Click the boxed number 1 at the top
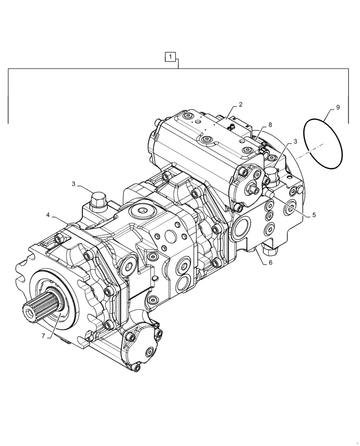[x=171, y=57]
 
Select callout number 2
[x=241, y=105]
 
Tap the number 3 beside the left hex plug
[x=73, y=184]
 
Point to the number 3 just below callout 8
[x=295, y=142]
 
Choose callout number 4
[x=48, y=215]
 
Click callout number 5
[x=314, y=215]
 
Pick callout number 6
[x=270, y=263]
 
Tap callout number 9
[x=338, y=107]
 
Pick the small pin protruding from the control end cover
[x=256, y=190]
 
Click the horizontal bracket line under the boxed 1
[x=178, y=68]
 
